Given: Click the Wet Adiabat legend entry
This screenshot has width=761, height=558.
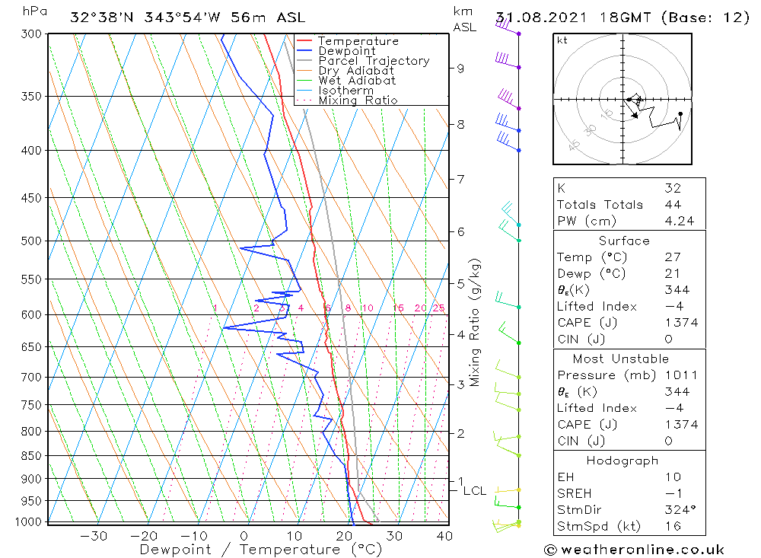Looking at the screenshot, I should point(357,81).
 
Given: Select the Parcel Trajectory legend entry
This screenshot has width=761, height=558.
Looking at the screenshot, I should point(374,61).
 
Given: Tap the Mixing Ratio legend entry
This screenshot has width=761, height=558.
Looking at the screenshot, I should point(358,100).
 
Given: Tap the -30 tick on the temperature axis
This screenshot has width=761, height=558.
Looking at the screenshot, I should point(94,536).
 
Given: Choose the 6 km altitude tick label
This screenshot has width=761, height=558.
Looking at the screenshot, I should point(460,231).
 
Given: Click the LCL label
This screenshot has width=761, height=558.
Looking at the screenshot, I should point(474,491).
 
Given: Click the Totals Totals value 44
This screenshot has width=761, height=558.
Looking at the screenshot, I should point(672,205).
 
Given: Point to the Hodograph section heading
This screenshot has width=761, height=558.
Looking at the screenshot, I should point(622,461).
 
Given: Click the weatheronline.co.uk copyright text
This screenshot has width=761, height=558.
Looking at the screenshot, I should point(634,550).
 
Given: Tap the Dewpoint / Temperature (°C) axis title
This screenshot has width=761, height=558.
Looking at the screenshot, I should point(261,550).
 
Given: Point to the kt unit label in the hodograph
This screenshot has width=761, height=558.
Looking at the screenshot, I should point(562,40).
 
